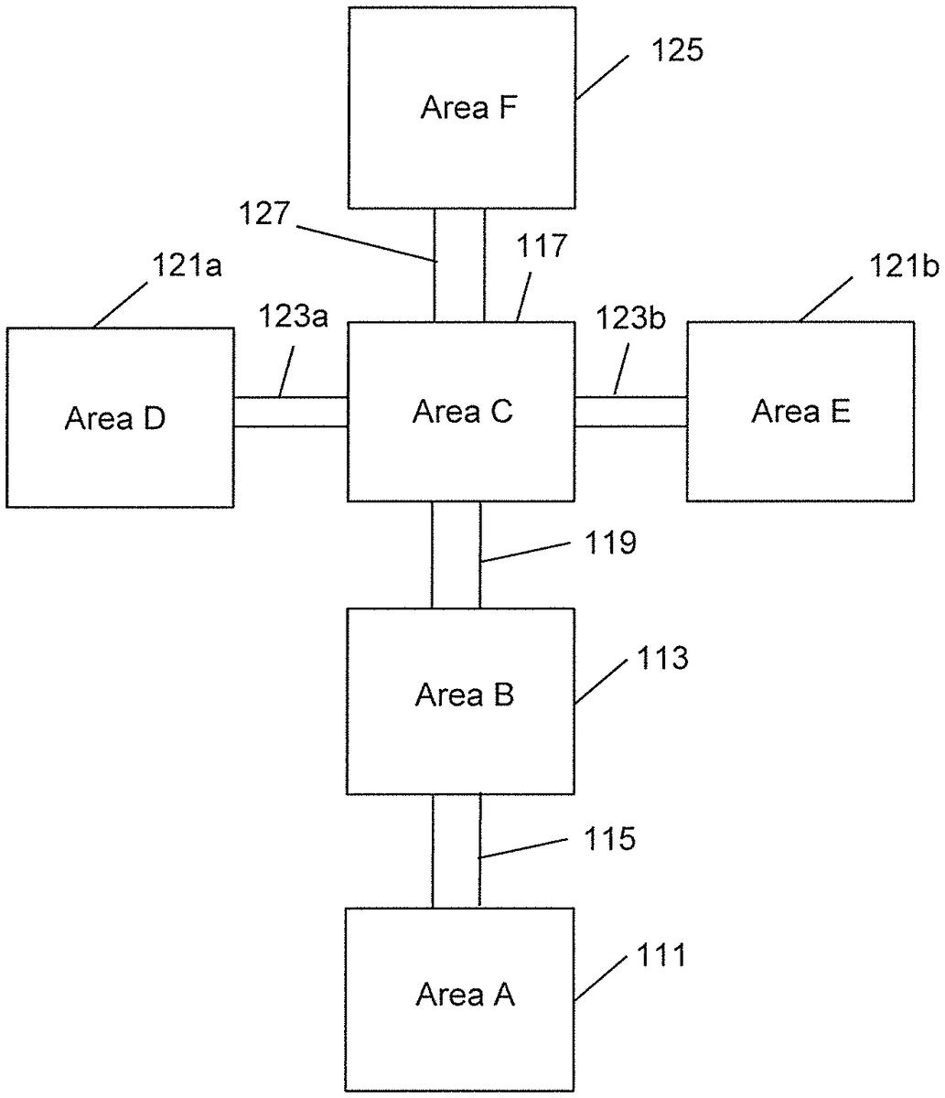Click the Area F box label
(469, 108)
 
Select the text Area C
(462, 412)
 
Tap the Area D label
(115, 419)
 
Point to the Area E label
(800, 412)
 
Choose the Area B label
(464, 695)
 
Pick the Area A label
(465, 994)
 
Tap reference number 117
(542, 248)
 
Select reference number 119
(610, 544)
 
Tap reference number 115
(610, 838)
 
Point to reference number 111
(660, 956)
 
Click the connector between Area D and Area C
(291, 412)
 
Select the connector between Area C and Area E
(630, 412)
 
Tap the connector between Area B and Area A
(456, 851)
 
